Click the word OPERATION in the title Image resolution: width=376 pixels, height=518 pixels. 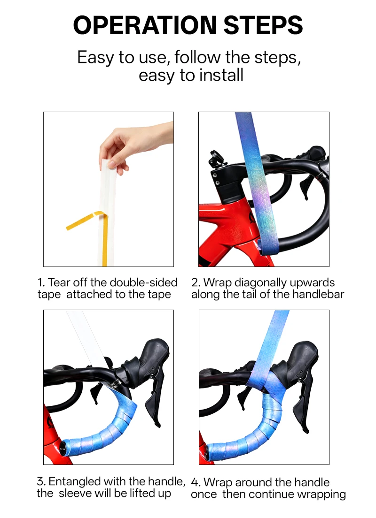(145, 25)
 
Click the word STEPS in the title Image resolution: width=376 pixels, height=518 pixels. (263, 25)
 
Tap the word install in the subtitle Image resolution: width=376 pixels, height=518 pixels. (221, 75)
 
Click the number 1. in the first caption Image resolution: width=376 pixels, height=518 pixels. (41, 282)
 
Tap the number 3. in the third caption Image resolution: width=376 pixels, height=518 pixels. (41, 481)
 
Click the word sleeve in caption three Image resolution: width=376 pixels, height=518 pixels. (75, 493)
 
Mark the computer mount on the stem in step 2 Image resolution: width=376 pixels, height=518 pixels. (217, 158)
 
